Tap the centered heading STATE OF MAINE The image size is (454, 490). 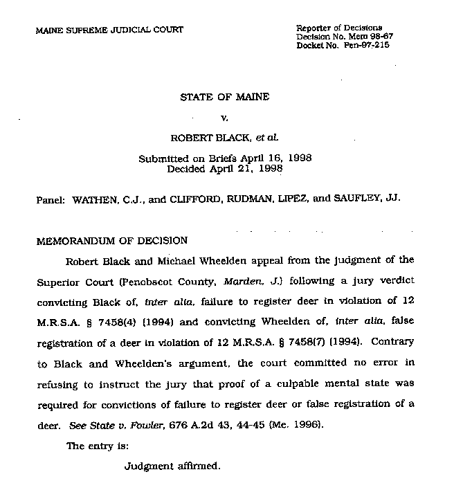[x=224, y=97]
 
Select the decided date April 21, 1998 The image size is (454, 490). [x=244, y=168]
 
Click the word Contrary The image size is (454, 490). [x=394, y=341]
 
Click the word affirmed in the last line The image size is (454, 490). [x=198, y=466]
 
